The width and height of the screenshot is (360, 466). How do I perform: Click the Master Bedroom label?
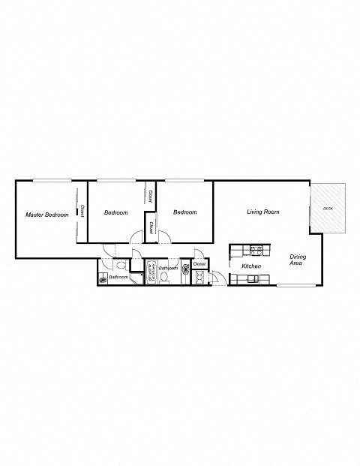tap(46, 215)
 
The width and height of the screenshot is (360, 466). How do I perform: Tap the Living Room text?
tap(263, 212)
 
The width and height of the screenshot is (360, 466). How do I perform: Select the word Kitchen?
tap(250, 266)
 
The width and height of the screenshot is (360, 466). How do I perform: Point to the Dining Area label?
tap(298, 260)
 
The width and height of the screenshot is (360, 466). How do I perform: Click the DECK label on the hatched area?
tap(328, 208)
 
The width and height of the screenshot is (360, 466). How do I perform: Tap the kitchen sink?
tap(250, 280)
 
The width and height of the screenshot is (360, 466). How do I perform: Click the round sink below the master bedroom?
tap(102, 280)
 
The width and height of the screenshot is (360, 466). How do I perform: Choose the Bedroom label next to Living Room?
tap(184, 212)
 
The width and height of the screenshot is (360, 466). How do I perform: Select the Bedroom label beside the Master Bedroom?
tap(115, 212)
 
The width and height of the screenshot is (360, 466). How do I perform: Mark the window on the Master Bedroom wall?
tap(52, 180)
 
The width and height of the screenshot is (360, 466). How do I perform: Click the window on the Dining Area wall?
tap(296, 286)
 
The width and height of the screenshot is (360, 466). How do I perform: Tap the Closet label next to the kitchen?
tap(199, 264)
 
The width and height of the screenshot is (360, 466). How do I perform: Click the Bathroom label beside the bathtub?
tap(167, 268)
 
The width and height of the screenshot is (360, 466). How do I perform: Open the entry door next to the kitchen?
tap(217, 278)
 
